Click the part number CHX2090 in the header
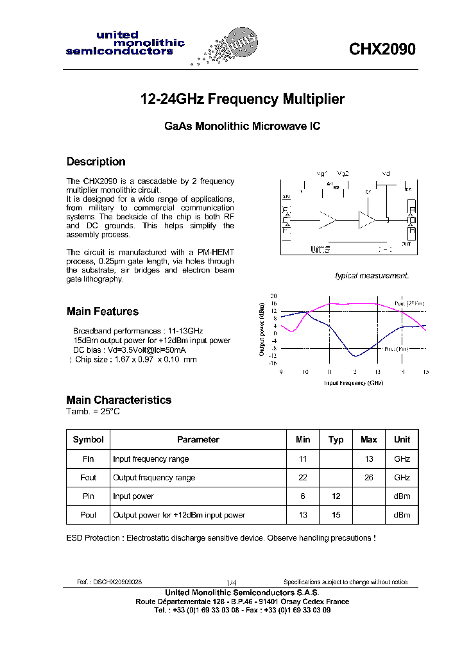(382, 49)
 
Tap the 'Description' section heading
(96, 162)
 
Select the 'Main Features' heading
(103, 312)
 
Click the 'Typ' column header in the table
(336, 439)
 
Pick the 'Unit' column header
(402, 439)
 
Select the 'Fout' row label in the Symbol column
(89, 477)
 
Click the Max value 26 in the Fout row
(368, 477)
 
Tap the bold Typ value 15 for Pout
(336, 515)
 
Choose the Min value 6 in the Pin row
(303, 496)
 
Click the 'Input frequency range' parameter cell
(151, 459)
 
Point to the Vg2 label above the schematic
(343, 174)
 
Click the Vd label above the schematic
(386, 174)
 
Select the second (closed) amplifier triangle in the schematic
(367, 220)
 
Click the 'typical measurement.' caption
(372, 276)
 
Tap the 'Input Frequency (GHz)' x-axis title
(353, 383)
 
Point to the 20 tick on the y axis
(274, 296)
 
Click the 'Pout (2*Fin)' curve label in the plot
(409, 303)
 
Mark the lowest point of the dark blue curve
(354, 356)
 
